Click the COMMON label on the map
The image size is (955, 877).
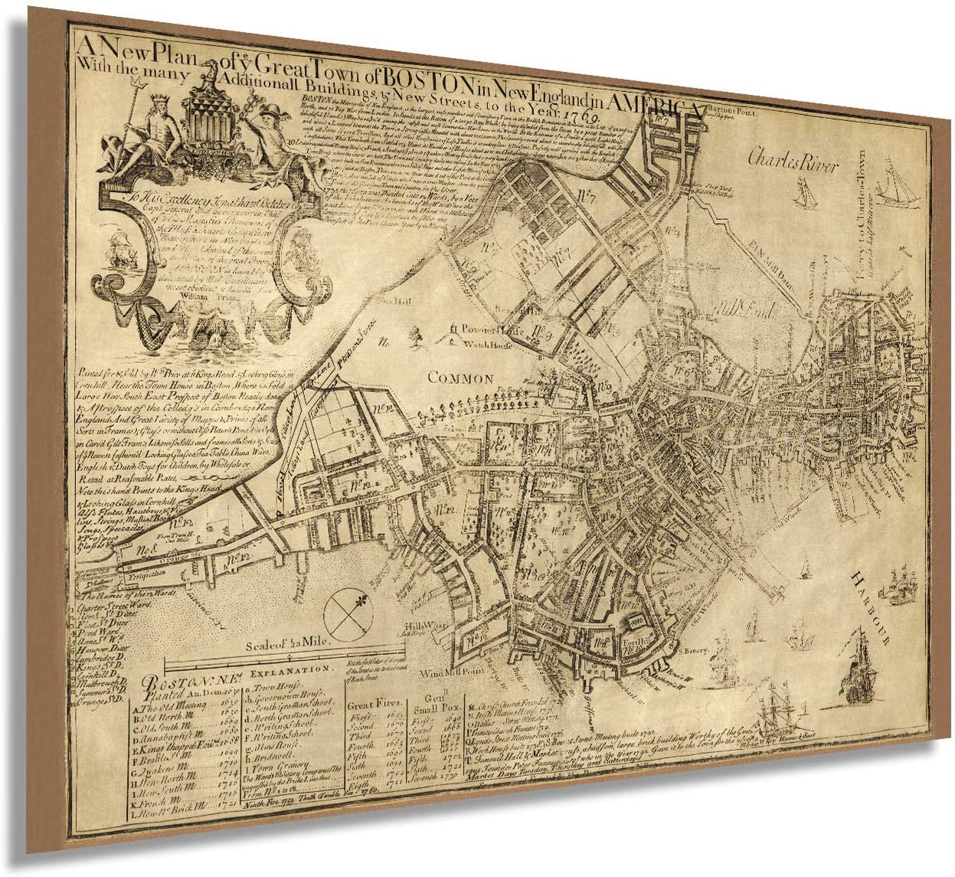(459, 378)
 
